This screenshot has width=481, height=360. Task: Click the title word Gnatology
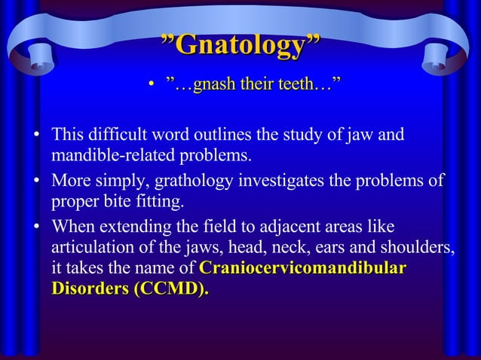pos(240,47)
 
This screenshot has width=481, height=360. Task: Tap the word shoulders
pos(419,248)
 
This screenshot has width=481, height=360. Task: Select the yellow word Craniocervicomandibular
pos(302,269)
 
